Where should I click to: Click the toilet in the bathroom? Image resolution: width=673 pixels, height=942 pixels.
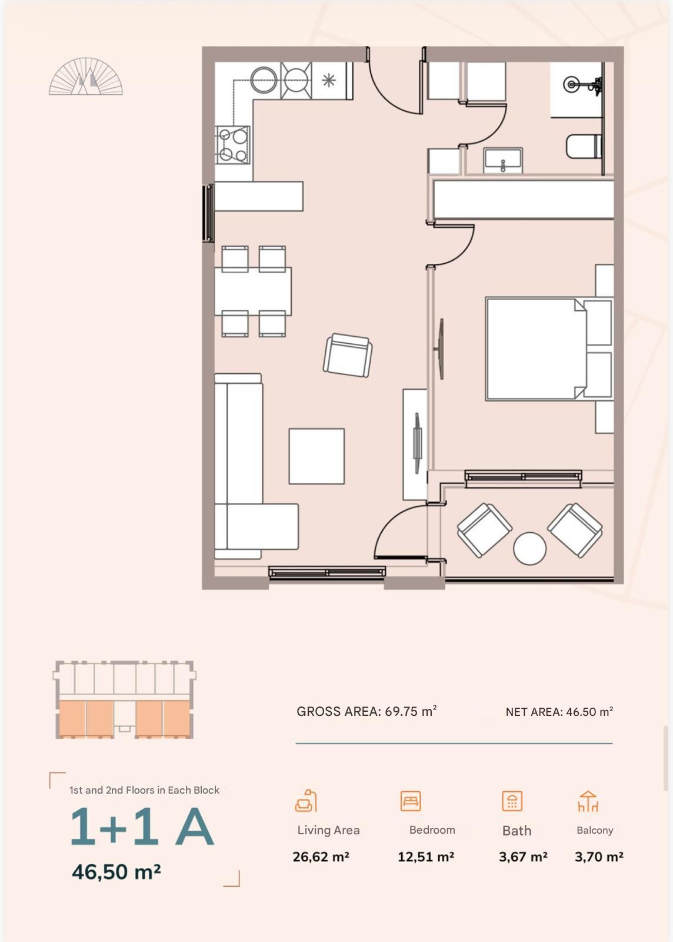tap(584, 146)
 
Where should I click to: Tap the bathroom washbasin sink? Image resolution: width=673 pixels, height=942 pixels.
tap(503, 160)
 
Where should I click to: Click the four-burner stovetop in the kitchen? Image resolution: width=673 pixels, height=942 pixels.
tap(232, 145)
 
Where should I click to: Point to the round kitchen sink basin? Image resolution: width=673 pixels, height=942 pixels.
tap(264, 79)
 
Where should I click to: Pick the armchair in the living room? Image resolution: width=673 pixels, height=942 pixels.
tap(348, 355)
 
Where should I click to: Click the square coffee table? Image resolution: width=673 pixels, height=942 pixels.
tap(316, 456)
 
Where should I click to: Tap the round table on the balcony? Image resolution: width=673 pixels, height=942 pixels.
tap(529, 548)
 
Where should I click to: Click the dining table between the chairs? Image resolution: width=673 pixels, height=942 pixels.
tap(253, 291)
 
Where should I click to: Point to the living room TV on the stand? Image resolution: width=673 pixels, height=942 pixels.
tap(417, 443)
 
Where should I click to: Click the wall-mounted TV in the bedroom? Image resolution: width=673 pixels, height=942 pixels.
tap(441, 349)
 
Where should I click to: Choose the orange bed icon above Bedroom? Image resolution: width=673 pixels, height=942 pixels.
tap(411, 801)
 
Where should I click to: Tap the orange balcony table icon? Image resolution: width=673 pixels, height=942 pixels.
tap(588, 801)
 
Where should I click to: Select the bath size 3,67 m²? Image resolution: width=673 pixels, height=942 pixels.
tap(523, 857)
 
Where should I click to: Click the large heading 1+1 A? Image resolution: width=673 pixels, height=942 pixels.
tap(142, 827)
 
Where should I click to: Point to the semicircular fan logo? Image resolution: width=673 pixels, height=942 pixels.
tap(86, 76)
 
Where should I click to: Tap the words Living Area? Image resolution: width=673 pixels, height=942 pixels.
tap(328, 830)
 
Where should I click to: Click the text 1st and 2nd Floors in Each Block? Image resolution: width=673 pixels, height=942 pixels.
tap(144, 790)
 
